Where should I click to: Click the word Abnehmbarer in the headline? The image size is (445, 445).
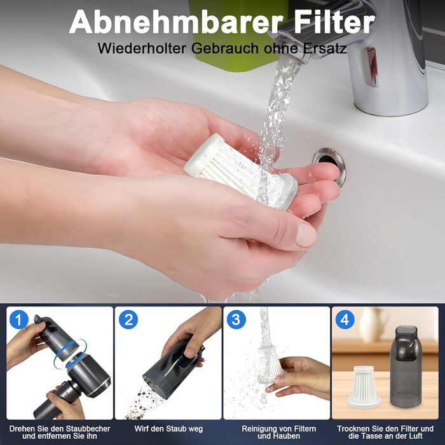point(176,22)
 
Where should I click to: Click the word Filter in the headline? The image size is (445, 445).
point(334,22)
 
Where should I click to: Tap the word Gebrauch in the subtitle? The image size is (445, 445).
point(225,48)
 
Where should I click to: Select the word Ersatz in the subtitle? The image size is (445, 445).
point(325,48)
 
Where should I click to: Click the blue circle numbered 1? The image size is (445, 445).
point(19,320)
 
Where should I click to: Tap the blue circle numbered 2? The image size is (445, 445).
point(128,320)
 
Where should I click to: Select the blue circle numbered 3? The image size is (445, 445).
point(236,320)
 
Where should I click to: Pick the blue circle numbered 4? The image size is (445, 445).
point(345,320)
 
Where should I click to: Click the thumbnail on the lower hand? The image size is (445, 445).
point(306,234)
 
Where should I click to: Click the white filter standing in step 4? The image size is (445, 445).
point(364,387)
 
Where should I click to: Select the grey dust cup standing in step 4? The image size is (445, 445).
point(406,366)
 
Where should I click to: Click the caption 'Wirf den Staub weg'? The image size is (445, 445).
point(168,428)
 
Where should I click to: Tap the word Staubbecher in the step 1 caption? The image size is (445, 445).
point(88,428)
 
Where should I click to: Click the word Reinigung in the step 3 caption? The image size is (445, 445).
point(259,429)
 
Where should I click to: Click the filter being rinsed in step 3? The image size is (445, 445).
point(271,365)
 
